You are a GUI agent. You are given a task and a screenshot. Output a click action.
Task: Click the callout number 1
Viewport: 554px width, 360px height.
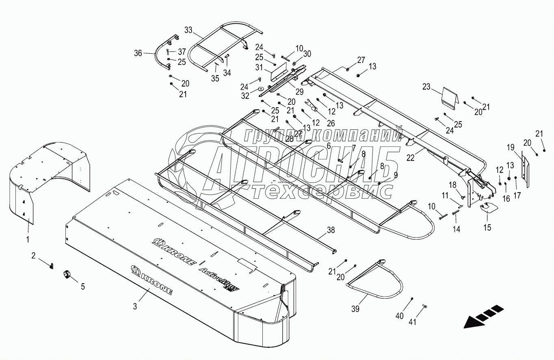pyautogui.click(x=28, y=239)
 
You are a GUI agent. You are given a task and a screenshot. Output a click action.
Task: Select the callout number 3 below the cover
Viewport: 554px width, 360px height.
pyautogui.click(x=135, y=306)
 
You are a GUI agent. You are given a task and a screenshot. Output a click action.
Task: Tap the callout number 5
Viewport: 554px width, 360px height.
pyautogui.click(x=83, y=286)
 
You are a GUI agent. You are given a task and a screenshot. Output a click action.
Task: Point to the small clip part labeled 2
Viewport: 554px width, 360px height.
pyautogui.click(x=52, y=266)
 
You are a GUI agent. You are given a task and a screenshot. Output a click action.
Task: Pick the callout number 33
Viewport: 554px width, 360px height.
pyautogui.click(x=188, y=30)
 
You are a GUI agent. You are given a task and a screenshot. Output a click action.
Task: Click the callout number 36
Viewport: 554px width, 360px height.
pyautogui.click(x=138, y=53)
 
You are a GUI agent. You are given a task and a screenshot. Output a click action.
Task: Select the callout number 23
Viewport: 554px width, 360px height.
pyautogui.click(x=426, y=87)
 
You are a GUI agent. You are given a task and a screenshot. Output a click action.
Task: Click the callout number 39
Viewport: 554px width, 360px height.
pyautogui.click(x=355, y=309)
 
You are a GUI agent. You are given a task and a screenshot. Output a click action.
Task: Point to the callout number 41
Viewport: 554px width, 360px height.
pyautogui.click(x=413, y=322)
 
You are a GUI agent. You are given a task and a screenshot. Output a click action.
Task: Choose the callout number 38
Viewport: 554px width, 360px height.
pyautogui.click(x=331, y=230)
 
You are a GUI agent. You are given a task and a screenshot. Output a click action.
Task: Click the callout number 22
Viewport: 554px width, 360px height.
pyautogui.click(x=411, y=158)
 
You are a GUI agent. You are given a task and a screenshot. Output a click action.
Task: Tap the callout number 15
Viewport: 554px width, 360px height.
pyautogui.click(x=487, y=228)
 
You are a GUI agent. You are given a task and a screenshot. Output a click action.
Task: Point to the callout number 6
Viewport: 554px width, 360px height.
pyautogui.click(x=328, y=145)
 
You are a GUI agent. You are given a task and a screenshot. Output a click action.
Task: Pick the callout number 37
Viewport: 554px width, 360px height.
pyautogui.click(x=181, y=52)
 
